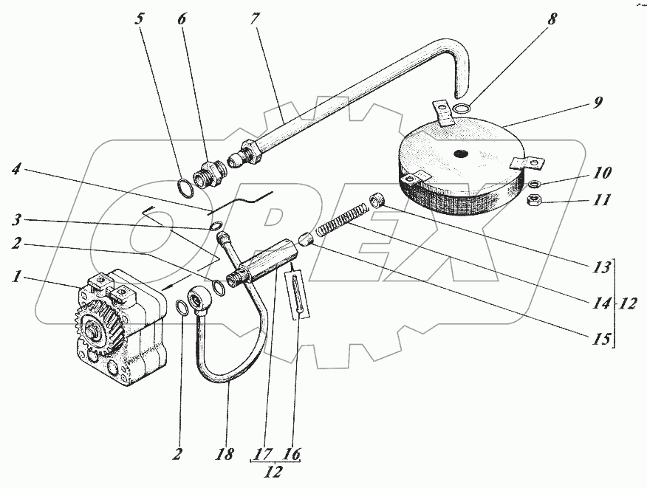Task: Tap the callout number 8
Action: pos(552,19)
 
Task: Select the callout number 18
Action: pos(224,454)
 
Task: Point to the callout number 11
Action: pos(601,201)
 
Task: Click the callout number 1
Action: pos(16,276)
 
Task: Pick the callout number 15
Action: pos(601,339)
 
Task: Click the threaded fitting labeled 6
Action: pos(210,174)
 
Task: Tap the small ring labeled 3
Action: pos(217,226)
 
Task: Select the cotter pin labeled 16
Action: pos(298,293)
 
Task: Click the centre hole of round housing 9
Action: pos(461,154)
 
